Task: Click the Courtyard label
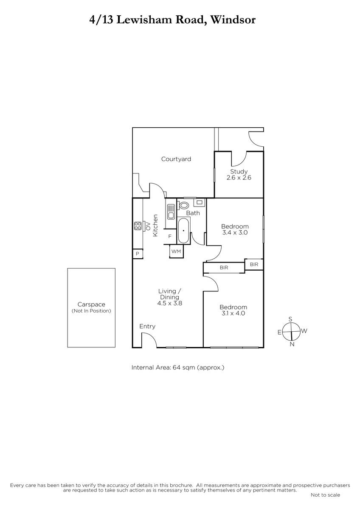[x=176, y=159]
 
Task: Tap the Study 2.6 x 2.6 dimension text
[x=239, y=177]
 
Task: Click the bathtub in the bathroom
[x=183, y=231]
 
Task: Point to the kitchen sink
[x=171, y=212]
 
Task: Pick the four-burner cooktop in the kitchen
[x=138, y=226]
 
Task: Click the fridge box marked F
[x=170, y=237]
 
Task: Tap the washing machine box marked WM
[x=176, y=251]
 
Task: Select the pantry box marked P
[x=138, y=254]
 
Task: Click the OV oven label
[x=148, y=226]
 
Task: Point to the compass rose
[x=292, y=332]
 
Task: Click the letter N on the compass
[x=292, y=344]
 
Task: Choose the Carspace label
[x=91, y=304]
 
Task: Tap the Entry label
[x=147, y=326]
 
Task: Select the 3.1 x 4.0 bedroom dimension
[x=233, y=313]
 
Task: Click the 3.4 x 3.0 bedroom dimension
[x=235, y=232]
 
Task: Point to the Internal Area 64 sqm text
[x=178, y=367]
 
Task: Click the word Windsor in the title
[x=233, y=20]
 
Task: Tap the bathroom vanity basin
[x=200, y=202]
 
